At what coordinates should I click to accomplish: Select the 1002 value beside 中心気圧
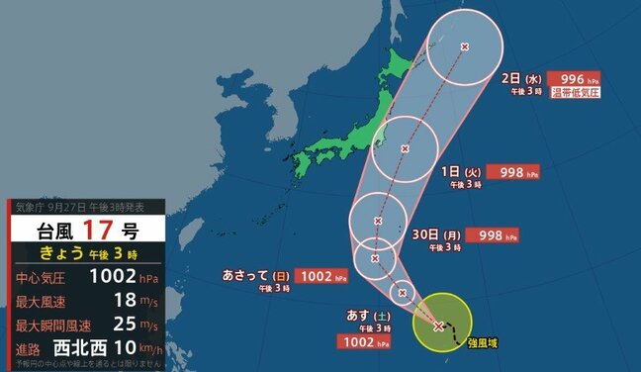(111, 278)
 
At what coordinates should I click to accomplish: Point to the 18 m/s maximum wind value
(122, 300)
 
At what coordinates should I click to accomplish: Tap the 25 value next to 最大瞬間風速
(122, 324)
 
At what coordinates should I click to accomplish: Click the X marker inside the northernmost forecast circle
(466, 46)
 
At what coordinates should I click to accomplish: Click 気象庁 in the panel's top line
(29, 207)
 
